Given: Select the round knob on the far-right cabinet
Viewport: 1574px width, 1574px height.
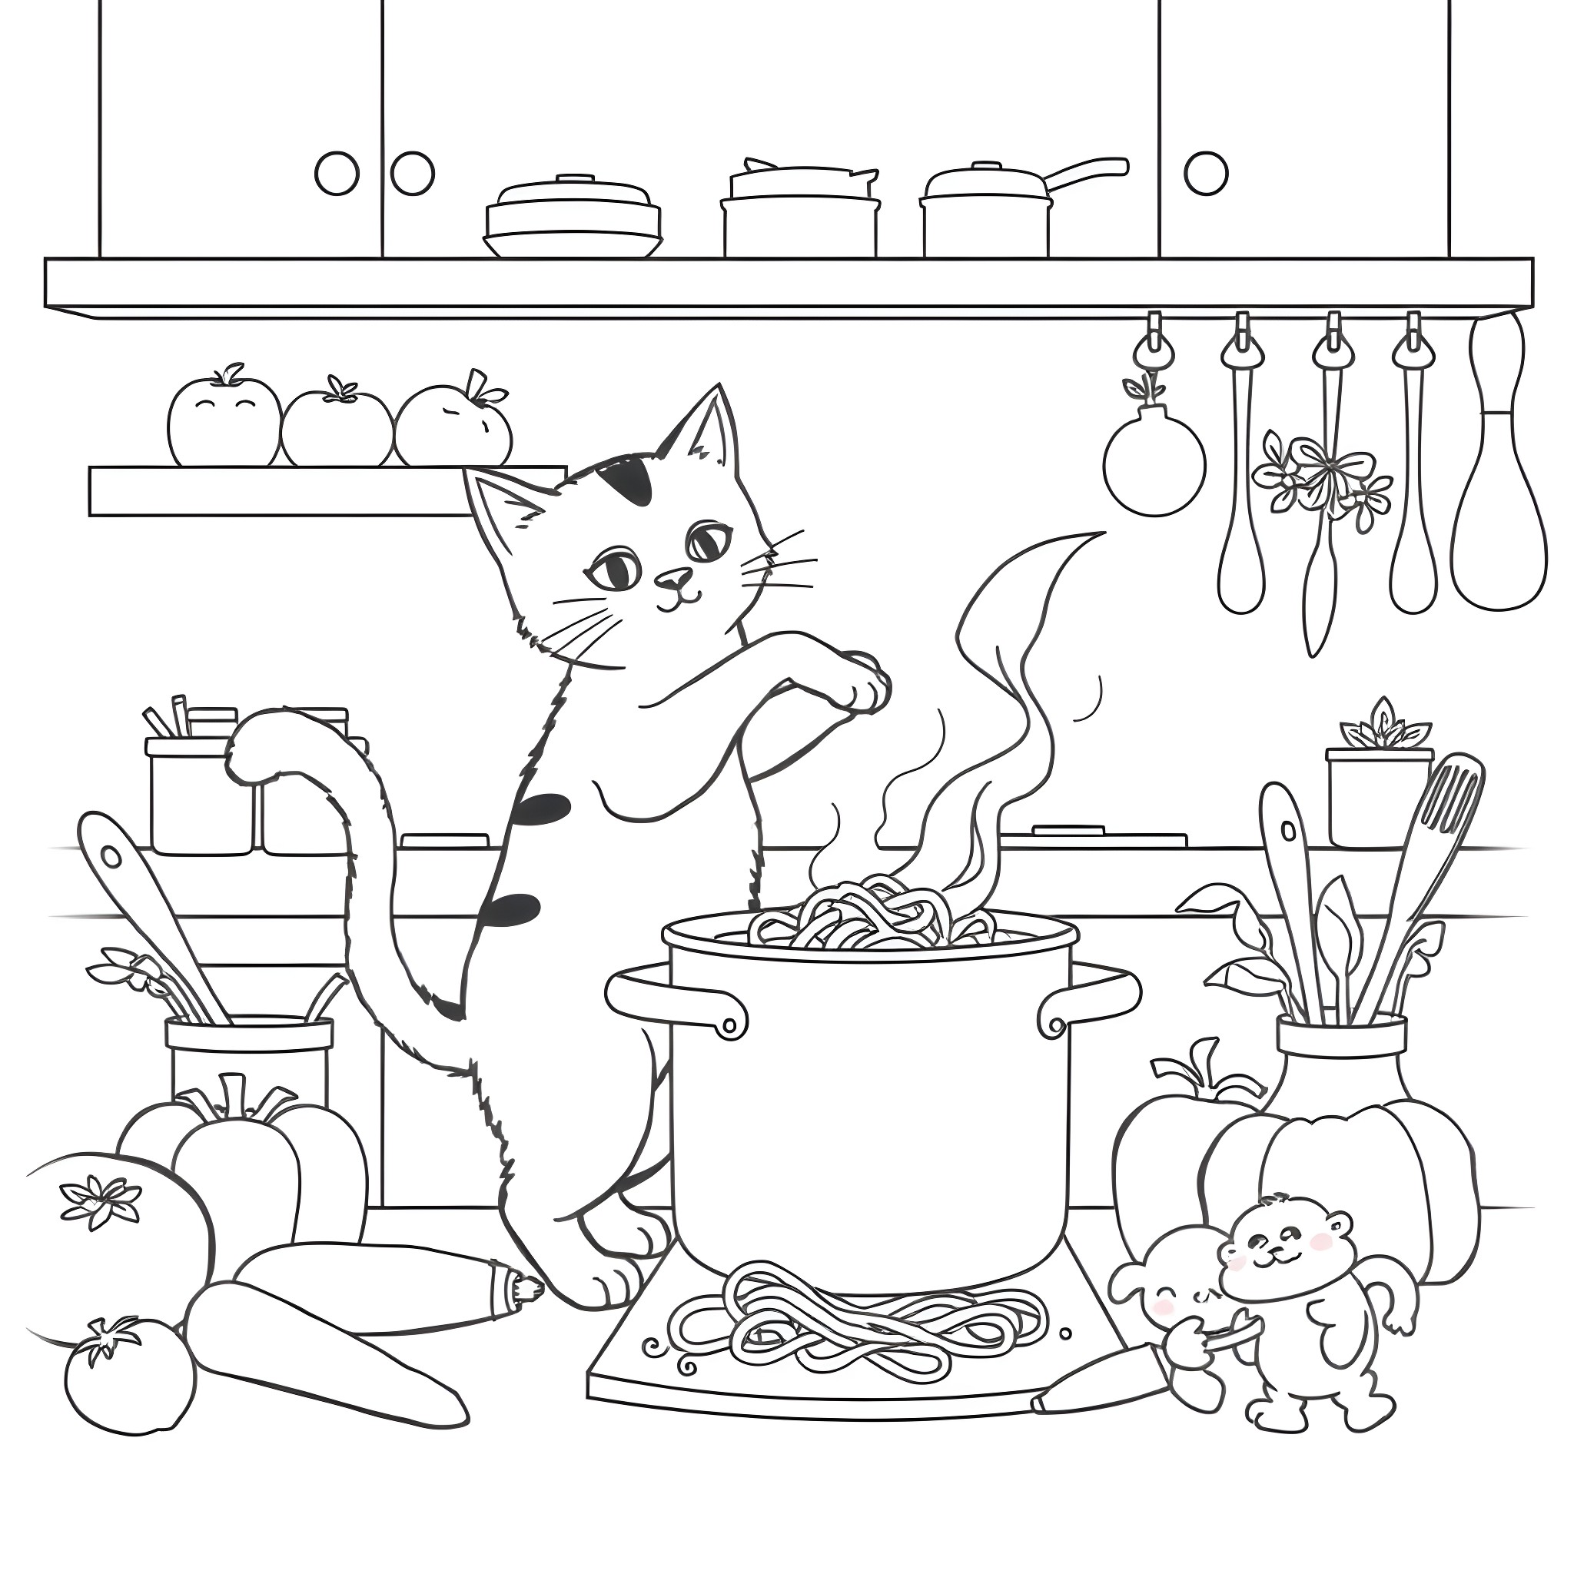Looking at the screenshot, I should (1205, 173).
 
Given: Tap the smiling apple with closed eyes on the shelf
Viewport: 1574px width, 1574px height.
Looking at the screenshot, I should (222, 423).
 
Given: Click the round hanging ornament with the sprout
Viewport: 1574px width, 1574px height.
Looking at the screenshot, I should (1154, 469).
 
